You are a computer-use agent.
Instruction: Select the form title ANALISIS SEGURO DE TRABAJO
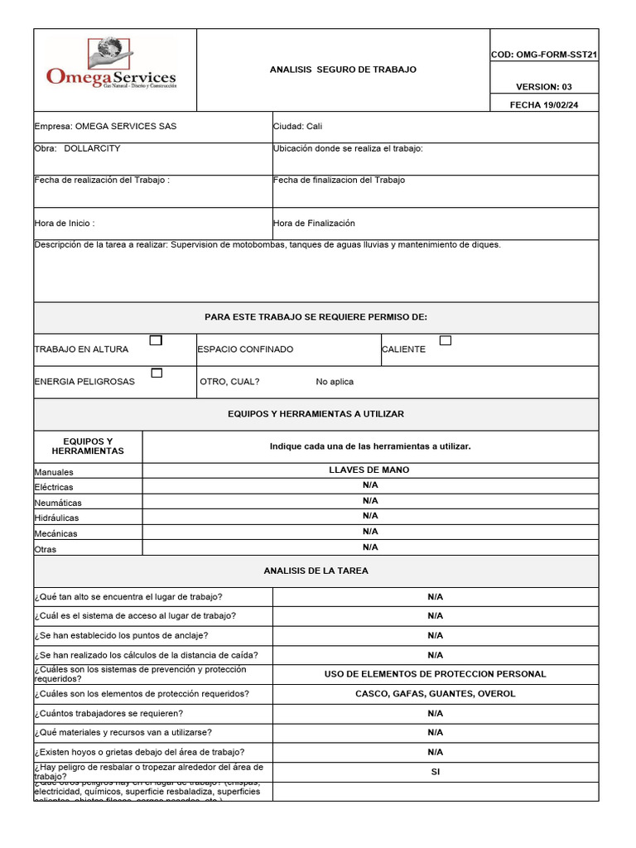tap(343, 70)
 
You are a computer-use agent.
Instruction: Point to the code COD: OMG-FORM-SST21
tap(544, 55)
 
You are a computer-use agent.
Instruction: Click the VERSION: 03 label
tap(543, 87)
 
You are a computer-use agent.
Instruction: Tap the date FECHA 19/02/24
tap(543, 104)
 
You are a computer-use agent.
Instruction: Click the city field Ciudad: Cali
tap(297, 127)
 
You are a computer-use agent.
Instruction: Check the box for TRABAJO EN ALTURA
tap(156, 340)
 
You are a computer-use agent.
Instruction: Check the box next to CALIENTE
tap(446, 340)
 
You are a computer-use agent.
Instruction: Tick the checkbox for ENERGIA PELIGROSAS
tap(157, 373)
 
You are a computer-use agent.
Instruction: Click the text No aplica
tap(335, 382)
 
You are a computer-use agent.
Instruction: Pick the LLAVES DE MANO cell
tap(369, 470)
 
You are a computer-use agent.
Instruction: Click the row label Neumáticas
tap(58, 503)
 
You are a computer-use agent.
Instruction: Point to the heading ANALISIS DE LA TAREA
tap(316, 571)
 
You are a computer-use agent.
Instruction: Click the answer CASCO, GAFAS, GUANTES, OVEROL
tap(435, 693)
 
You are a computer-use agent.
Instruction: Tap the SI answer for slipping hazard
tap(435, 771)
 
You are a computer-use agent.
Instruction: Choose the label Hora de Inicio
tap(64, 224)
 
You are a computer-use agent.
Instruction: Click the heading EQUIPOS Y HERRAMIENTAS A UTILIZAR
tap(316, 413)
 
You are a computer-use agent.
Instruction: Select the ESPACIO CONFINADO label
tap(245, 349)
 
